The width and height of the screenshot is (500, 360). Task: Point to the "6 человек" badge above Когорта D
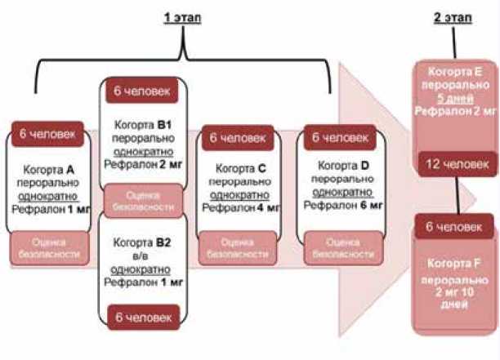(337, 138)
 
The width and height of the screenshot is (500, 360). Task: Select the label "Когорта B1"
(142, 124)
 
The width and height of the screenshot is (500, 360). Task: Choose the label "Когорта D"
(337, 167)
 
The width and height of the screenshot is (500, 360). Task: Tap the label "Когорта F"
(456, 264)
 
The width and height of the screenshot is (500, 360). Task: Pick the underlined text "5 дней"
(456, 97)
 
